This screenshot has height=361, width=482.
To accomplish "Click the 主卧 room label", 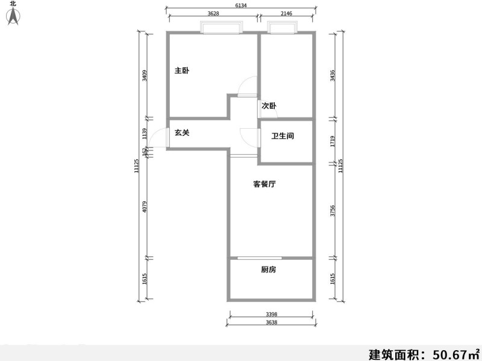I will [x=182, y=71].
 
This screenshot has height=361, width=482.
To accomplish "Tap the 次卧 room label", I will [x=269, y=106].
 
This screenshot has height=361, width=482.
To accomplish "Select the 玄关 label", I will [x=182, y=133].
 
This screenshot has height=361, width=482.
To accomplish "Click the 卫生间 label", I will [x=283, y=137].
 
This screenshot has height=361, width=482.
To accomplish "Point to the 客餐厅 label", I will [x=264, y=185].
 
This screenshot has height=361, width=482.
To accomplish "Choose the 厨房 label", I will [x=269, y=270].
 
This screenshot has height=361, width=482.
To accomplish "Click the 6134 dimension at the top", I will [x=240, y=6].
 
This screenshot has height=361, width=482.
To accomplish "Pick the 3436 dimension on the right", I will [x=333, y=76].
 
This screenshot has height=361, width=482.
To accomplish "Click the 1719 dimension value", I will [x=333, y=141].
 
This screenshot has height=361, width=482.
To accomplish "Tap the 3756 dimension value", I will [x=333, y=211].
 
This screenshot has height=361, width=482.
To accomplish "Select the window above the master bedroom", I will [x=222, y=27].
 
